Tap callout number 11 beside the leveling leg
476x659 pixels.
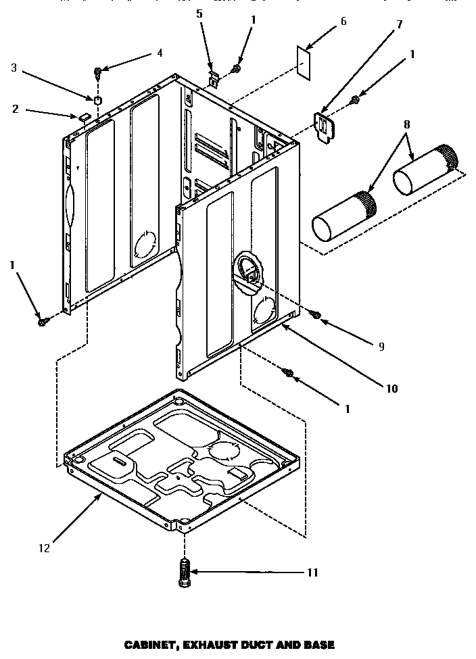click(312, 572)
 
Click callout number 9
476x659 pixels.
click(381, 346)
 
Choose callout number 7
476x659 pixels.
click(399, 25)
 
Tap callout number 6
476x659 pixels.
click(343, 22)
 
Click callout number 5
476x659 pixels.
click(199, 14)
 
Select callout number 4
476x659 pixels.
click(160, 52)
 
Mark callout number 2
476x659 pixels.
click(16, 108)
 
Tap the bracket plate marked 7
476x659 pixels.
click(328, 126)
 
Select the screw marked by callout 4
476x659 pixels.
click(99, 71)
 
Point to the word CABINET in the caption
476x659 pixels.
click(150, 645)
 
